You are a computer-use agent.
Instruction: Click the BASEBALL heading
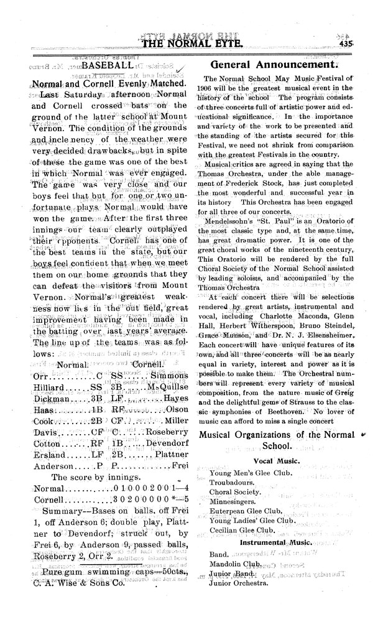pyautogui.click(x=106, y=65)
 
